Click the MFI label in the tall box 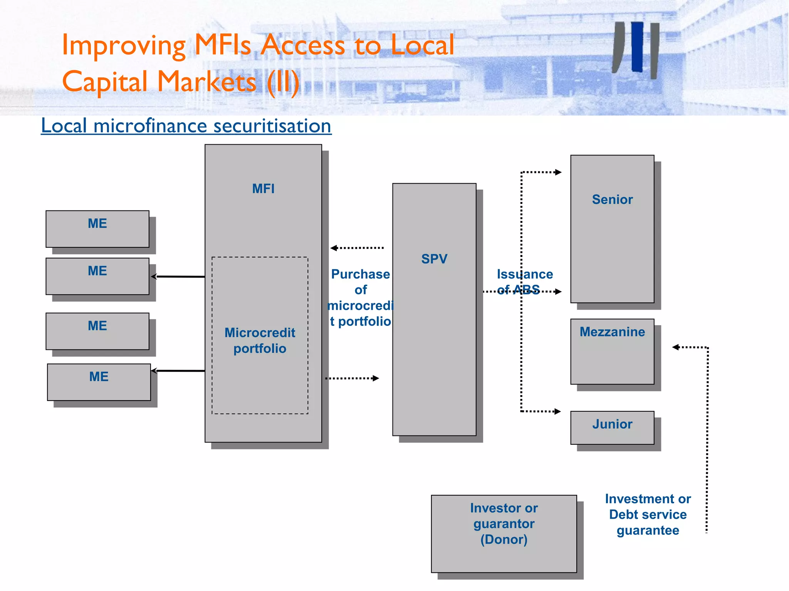pos(263,189)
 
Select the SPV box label pos(434,259)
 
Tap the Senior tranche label pos(612,199)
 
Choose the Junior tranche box pos(612,427)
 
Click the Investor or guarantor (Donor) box pos(504,533)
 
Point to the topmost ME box pos(97,229)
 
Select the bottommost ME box pos(99,382)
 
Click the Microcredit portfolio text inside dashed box pos(260,341)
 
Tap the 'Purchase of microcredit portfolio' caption pos(361,297)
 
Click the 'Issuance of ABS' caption pos(525,282)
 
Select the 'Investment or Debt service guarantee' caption pos(648,514)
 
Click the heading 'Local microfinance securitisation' pos(186,126)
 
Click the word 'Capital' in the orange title pos(105,82)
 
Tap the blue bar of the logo pos(637,47)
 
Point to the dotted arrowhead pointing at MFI pos(334,248)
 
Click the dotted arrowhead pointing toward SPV pos(376,378)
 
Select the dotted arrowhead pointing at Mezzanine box pos(676,347)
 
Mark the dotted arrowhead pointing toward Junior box pos(557,411)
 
